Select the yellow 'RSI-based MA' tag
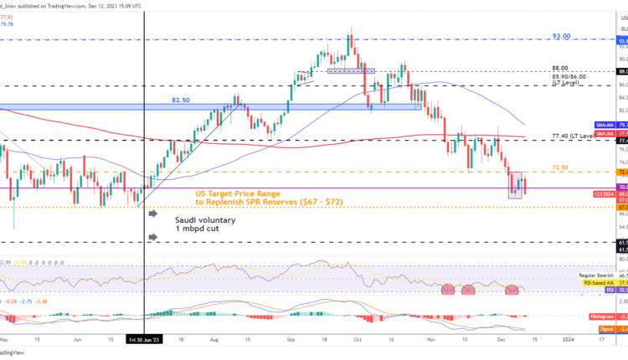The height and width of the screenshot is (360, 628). click(596, 283)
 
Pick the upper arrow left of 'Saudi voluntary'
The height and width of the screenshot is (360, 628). click(153, 214)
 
